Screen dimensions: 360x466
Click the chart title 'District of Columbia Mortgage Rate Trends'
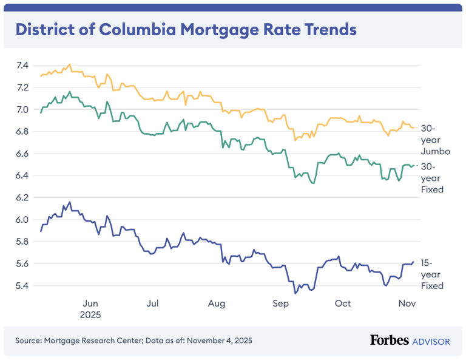pos(186,29)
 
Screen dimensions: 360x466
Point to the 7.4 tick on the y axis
pos(22,66)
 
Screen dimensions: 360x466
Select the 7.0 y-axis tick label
pos(22,110)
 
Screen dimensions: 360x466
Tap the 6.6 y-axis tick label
pos(22,154)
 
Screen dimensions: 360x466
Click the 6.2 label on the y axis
pos(22,198)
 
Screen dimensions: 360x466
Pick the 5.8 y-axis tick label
pos(22,242)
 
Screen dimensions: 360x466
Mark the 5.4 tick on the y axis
pos(22,286)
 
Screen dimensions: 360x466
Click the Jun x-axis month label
pos(90,304)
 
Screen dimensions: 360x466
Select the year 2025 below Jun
pos(90,315)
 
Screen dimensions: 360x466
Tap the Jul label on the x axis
pos(153,304)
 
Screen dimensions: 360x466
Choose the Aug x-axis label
pos(217,304)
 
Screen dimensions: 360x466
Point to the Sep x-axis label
pos(280,304)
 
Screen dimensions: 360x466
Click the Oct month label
pos(343,304)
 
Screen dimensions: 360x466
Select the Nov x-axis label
pos(406,304)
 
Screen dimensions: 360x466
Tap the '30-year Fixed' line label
pos(432,178)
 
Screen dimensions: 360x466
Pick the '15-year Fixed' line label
pos(432,274)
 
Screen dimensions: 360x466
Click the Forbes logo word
pos(389,341)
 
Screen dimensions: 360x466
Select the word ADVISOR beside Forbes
pos(431,342)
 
